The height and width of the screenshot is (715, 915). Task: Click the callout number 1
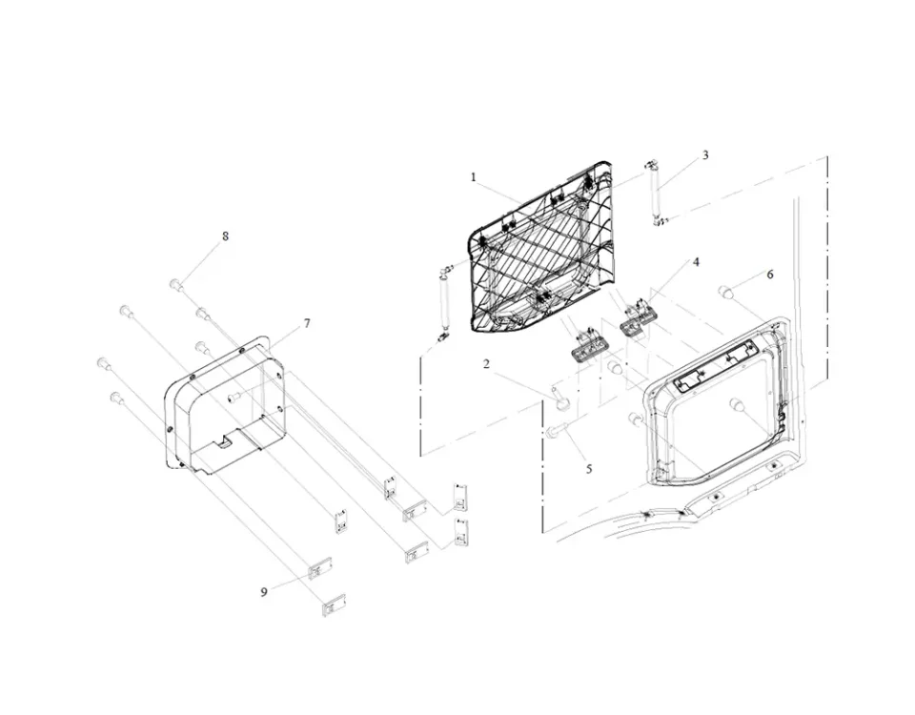(474, 177)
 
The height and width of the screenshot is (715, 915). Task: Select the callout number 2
(486, 364)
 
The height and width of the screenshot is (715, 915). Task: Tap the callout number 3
(705, 155)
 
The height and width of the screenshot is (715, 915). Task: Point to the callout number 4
(696, 262)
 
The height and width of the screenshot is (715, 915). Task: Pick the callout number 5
(589, 469)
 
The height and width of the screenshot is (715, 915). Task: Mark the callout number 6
(770, 275)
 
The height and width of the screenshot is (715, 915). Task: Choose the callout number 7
(307, 323)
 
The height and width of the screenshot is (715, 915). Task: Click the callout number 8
(225, 236)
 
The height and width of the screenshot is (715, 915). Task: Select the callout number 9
(264, 592)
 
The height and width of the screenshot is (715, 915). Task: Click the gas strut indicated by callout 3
(656, 194)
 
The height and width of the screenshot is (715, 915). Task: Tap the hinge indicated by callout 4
(638, 318)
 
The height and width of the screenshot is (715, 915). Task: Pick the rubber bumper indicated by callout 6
(726, 291)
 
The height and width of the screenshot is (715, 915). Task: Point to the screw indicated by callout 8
(177, 285)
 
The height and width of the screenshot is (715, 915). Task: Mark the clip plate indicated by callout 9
(320, 568)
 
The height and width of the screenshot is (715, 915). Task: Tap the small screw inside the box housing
(234, 398)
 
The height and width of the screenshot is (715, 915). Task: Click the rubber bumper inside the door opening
(737, 404)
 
